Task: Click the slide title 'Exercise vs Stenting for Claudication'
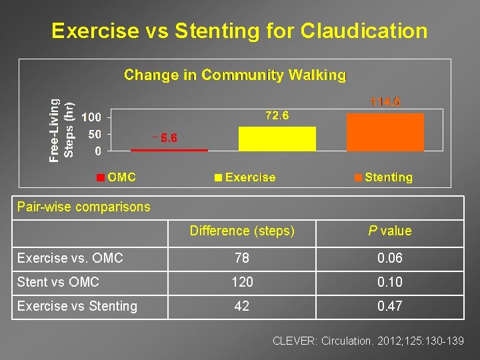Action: (239, 31)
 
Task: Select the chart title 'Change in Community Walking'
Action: (235, 75)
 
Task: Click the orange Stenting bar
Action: (385, 132)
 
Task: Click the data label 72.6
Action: (277, 116)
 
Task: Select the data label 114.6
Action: (385, 102)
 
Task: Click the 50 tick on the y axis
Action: (95, 134)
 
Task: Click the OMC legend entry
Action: (116, 177)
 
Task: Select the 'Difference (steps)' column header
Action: (242, 231)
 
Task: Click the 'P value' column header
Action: (390, 231)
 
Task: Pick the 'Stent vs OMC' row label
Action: (58, 282)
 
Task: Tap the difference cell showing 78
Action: (242, 258)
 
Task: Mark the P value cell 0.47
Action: (390, 306)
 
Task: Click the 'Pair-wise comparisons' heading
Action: (84, 207)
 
